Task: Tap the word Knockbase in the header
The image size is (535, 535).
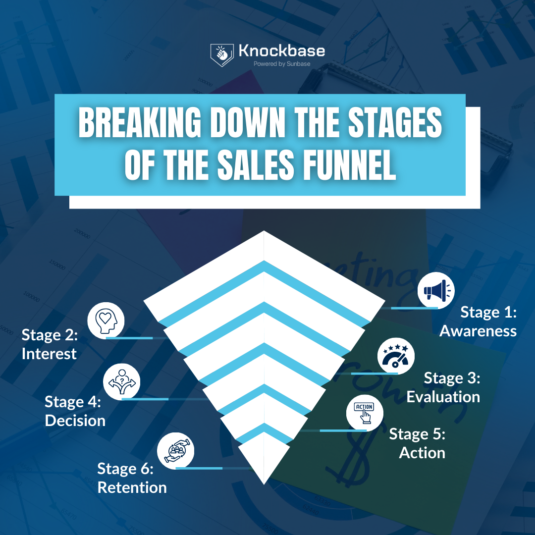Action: [282, 51]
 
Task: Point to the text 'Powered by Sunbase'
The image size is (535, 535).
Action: [282, 63]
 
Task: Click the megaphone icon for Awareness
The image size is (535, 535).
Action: [436, 291]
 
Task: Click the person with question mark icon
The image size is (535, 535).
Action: [121, 381]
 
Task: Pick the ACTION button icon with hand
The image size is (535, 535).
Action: [365, 413]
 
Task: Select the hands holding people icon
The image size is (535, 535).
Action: [175, 450]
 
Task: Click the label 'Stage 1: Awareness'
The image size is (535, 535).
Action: [478, 321]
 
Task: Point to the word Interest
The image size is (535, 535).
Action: [49, 354]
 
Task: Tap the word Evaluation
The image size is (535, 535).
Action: [443, 396]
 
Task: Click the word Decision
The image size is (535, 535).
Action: [75, 421]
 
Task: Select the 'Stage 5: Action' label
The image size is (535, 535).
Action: [417, 443]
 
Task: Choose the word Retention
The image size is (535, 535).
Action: [132, 487]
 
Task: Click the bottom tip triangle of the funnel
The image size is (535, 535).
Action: [264, 458]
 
